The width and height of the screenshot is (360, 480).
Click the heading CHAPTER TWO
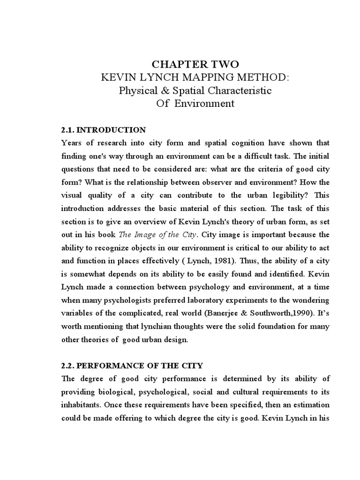(x=195, y=64)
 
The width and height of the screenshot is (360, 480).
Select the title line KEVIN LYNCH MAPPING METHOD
(x=195, y=77)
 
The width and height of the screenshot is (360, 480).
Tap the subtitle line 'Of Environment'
(x=195, y=104)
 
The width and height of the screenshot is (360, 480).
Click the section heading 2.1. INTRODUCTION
(x=104, y=130)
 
